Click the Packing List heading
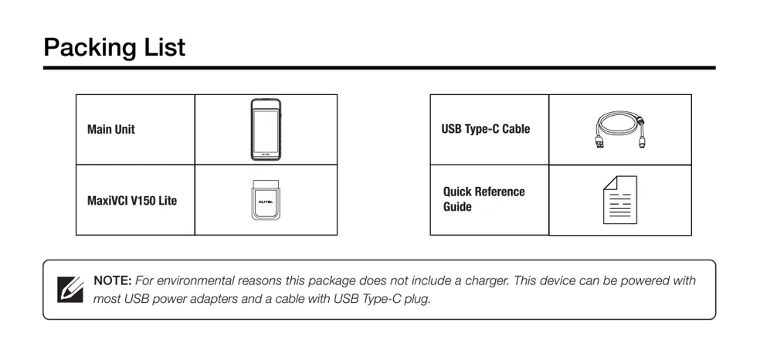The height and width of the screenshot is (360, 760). click(114, 47)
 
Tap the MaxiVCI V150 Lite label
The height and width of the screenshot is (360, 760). click(132, 201)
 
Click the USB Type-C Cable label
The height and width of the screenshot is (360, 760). click(485, 129)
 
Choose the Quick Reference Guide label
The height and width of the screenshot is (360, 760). click(483, 199)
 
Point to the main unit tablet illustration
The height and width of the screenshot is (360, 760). click(266, 129)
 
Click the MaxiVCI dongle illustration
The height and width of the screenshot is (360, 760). click(266, 201)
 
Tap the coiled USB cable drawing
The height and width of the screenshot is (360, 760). click(619, 129)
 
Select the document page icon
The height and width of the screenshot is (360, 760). click(619, 200)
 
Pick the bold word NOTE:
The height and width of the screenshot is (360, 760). click(113, 280)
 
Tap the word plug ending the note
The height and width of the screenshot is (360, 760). click(416, 298)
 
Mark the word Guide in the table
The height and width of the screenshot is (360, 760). click(457, 207)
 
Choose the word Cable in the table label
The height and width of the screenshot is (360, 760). click(515, 129)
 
